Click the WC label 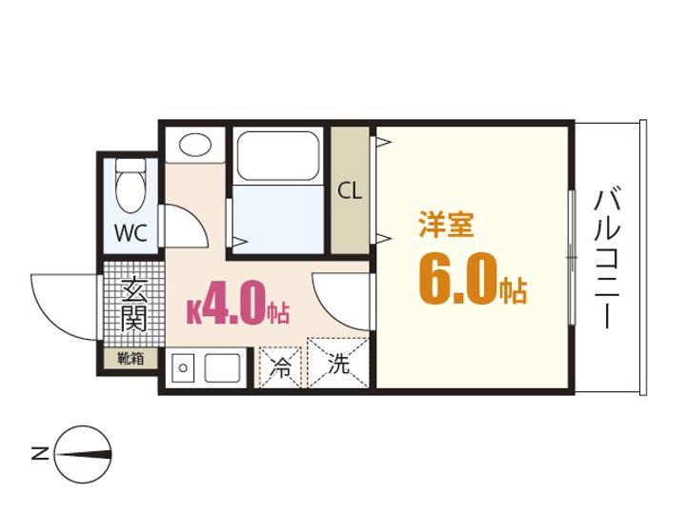(131, 233)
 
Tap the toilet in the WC (131, 186)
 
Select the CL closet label (350, 190)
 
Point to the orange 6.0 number (458, 279)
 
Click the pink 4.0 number (232, 306)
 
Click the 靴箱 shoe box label (131, 360)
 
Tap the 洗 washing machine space (339, 363)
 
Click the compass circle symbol (84, 453)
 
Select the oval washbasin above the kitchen (196, 145)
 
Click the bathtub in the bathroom (278, 155)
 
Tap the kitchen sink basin (225, 367)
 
